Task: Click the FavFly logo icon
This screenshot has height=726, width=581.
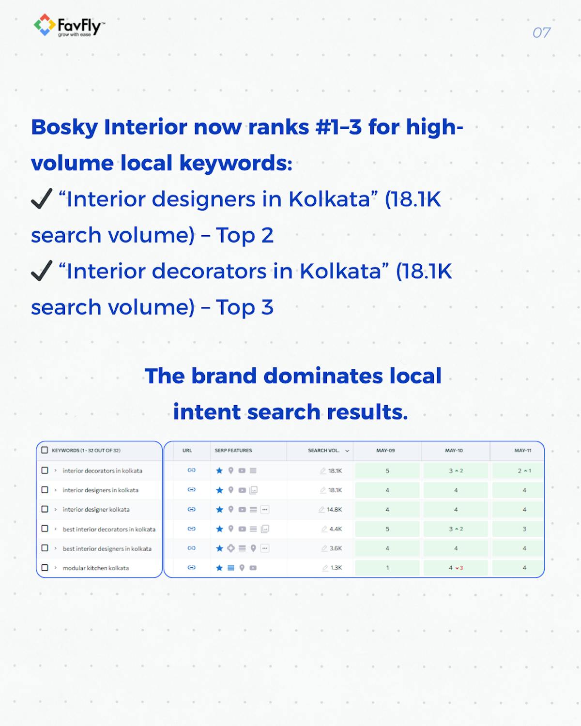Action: [44, 25]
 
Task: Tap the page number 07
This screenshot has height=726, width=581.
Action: [541, 32]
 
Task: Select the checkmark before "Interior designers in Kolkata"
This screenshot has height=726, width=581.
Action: [42, 198]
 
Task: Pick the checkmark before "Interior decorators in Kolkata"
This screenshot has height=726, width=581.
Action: [42, 271]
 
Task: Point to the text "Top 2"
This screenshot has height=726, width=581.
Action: [245, 235]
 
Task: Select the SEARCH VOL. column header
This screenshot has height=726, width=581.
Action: [324, 451]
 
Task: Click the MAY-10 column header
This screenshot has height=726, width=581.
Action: [454, 451]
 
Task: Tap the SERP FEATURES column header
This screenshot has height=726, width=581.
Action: [233, 451]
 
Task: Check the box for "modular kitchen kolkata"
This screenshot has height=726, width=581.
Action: [45, 568]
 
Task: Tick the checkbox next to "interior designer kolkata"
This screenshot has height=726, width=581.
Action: [45, 509]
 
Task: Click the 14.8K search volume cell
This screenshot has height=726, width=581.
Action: [334, 510]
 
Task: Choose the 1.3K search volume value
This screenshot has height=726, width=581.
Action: [336, 568]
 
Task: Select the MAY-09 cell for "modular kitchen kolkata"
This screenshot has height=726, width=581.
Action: [387, 568]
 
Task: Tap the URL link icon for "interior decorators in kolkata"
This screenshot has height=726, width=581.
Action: [191, 470]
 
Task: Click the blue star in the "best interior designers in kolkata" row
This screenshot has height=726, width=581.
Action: [219, 548]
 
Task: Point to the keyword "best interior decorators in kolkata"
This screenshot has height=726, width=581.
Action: [109, 529]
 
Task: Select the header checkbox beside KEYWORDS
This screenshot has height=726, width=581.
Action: [45, 450]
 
